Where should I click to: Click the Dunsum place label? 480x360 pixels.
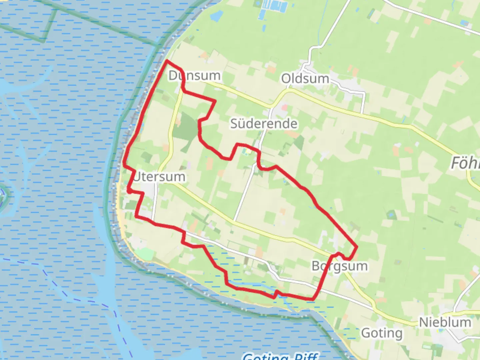tap(194, 76)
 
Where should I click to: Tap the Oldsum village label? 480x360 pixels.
tap(305, 79)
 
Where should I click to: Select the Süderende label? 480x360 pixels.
tap(264, 124)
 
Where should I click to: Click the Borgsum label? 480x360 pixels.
tap(340, 266)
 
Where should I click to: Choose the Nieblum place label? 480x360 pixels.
tap(445, 322)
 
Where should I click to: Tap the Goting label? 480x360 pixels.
tap(382, 333)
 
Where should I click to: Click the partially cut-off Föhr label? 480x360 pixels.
tap(465, 163)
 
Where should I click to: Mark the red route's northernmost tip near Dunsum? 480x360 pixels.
tap(167, 61)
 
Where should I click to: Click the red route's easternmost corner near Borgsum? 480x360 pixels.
tap(357, 247)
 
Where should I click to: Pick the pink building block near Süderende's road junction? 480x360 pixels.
tap(284, 107)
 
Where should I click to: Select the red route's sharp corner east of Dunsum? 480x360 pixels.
tap(215, 100)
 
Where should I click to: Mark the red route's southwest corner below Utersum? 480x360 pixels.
tap(136, 217)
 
